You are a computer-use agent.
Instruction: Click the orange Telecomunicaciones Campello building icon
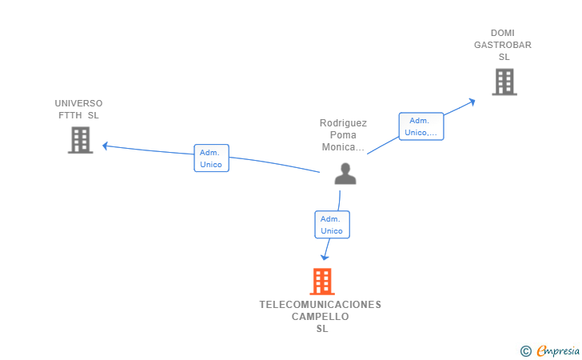(321, 282)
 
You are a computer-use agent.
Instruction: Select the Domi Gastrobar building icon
(504, 82)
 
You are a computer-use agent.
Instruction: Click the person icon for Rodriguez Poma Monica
(345, 174)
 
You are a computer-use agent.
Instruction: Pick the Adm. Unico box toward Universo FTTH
(211, 158)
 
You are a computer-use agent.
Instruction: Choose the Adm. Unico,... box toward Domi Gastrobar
(421, 126)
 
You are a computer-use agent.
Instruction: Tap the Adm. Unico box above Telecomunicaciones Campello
(332, 225)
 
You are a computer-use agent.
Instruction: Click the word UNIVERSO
(78, 103)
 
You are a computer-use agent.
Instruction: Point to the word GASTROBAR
(502, 45)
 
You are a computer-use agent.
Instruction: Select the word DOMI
(503, 33)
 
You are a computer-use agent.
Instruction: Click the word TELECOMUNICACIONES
(321, 305)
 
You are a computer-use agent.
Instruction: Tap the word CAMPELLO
(321, 317)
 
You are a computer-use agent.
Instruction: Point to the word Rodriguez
(343, 123)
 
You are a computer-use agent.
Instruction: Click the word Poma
(343, 135)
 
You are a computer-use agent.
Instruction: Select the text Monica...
(341, 147)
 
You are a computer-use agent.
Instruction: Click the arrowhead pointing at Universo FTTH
(105, 146)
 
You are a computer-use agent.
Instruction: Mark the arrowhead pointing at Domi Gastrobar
(472, 101)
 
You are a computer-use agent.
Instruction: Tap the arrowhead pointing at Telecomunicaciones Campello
(324, 257)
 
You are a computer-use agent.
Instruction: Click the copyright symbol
(525, 350)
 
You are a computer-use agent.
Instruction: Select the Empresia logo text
(558, 350)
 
